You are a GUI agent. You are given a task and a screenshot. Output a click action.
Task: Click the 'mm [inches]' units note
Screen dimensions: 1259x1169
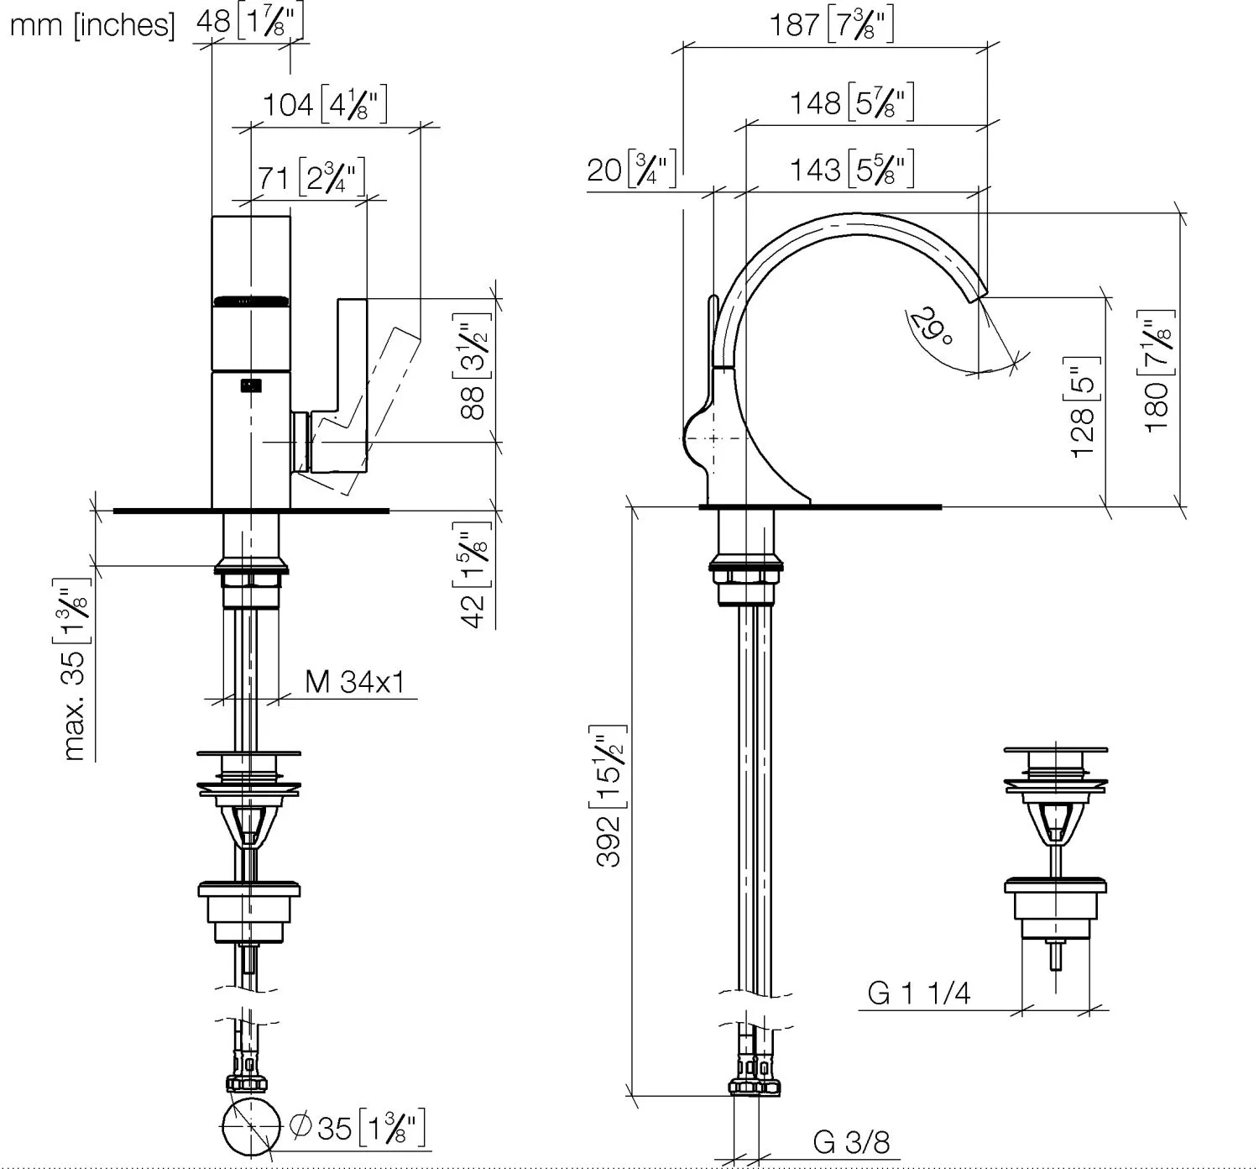[x=92, y=25]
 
